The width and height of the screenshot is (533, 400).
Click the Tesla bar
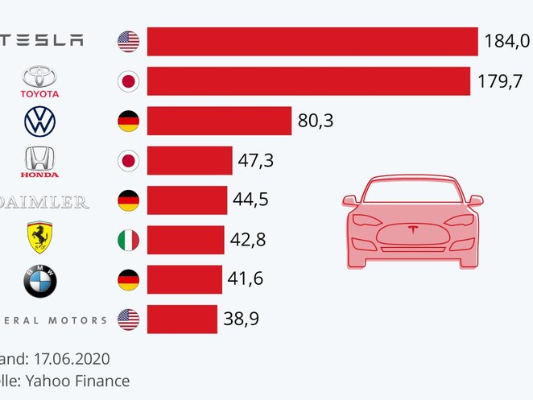(312, 41)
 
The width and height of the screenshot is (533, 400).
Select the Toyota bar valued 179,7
(308, 80)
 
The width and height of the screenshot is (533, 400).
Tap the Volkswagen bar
(219, 121)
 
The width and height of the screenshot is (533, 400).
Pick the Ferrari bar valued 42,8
(186, 240)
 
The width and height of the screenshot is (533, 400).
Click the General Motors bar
(182, 320)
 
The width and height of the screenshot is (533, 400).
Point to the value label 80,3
(316, 122)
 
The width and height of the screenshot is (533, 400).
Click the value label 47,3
(256, 161)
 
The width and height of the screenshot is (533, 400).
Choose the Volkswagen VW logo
(39, 122)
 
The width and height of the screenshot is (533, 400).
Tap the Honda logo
(39, 161)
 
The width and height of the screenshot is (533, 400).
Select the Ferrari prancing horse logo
(39, 239)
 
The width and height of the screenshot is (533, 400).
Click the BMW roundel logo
(39, 280)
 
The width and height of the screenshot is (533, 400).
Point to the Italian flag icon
(128, 240)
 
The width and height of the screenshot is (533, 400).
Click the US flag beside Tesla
(128, 41)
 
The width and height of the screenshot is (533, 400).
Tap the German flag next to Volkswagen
(128, 122)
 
